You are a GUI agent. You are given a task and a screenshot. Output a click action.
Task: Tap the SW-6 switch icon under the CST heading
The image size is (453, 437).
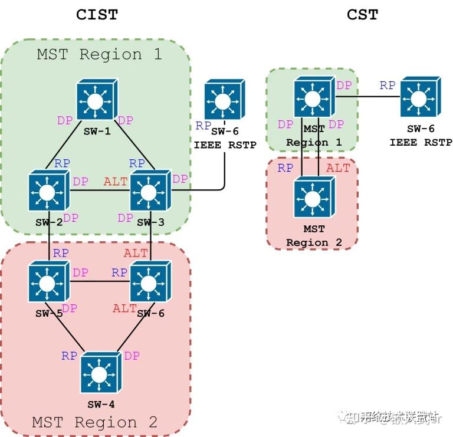[421, 97]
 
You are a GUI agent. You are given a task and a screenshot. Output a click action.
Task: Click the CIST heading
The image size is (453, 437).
[97, 15]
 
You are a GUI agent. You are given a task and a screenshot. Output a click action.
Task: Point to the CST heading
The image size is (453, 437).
[362, 15]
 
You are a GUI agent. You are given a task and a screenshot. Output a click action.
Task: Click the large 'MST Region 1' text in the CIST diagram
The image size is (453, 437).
[99, 54]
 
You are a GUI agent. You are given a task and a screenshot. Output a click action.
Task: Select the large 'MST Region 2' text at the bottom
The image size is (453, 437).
[95, 422]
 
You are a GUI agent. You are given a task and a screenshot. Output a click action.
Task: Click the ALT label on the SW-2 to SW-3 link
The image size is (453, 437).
[116, 182]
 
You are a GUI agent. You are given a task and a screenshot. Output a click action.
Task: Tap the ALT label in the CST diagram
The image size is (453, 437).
[338, 168]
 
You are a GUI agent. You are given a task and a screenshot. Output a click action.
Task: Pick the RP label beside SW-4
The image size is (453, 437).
[70, 356]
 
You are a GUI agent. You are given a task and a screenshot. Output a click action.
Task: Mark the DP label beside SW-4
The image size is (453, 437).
[132, 356]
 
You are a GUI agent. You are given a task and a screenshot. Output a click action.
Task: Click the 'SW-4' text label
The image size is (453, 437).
[100, 404]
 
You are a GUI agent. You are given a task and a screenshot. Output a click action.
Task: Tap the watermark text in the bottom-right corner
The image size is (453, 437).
[401, 418]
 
